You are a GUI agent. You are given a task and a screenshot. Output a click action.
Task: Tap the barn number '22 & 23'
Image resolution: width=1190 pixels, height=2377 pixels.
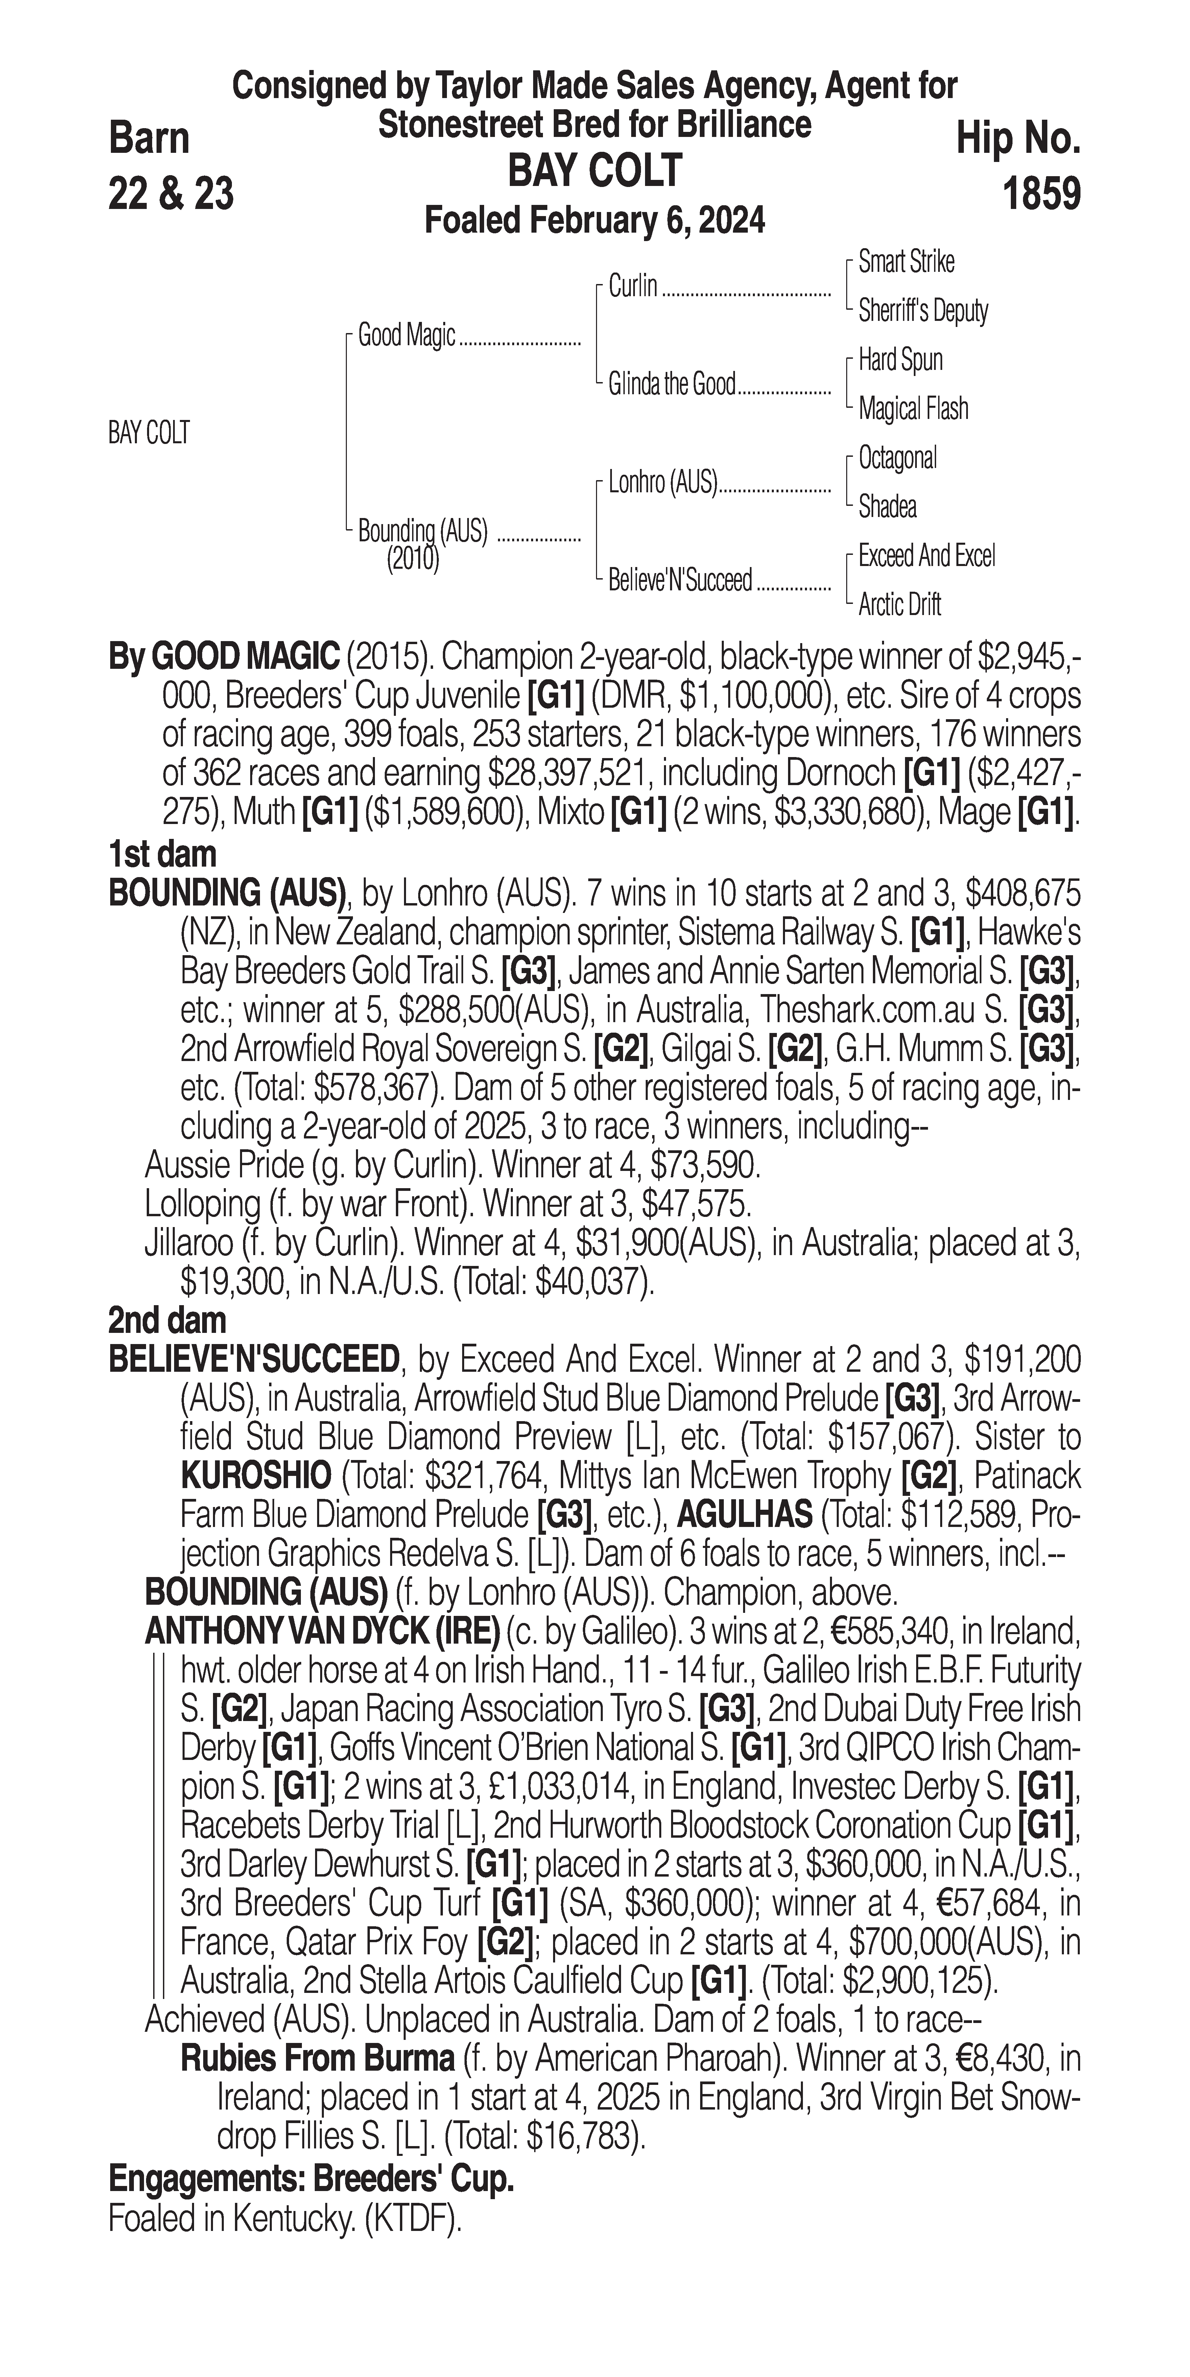coord(171,194)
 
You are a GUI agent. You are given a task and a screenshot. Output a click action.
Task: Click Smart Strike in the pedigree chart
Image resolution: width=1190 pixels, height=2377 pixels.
coord(906,262)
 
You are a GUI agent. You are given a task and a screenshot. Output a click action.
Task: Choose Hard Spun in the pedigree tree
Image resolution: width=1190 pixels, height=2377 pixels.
coord(900,360)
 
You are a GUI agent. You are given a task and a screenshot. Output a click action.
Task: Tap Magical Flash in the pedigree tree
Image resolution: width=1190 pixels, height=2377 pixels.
coord(913,409)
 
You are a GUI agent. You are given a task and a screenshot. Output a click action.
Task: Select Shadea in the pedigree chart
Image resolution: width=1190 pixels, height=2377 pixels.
coord(887,507)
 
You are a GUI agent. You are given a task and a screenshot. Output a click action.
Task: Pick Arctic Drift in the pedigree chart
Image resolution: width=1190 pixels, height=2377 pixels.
coord(899,605)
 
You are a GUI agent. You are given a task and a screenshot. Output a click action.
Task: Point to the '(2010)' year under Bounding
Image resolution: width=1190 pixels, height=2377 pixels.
coord(412,559)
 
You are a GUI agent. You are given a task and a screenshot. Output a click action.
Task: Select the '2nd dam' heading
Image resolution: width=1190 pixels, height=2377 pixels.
coord(167,1320)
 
